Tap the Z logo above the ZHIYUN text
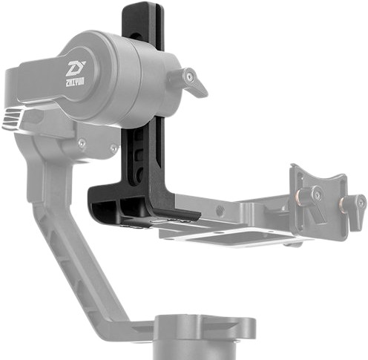tap(76, 69)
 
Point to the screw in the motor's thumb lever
tap(191, 76)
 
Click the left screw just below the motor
tap(82, 142)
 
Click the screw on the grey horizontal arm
tap(221, 211)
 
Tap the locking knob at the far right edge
tap(358, 203)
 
